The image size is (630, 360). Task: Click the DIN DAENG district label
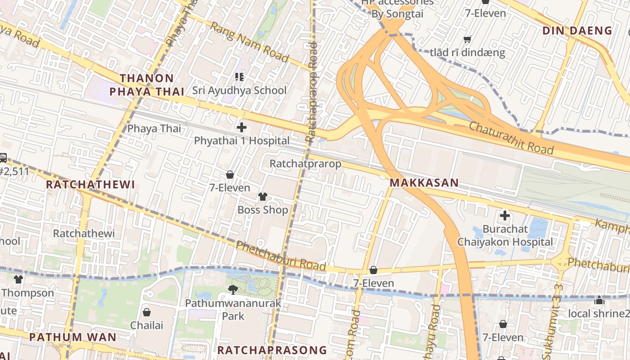tap(577, 31)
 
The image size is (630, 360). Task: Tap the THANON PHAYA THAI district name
tap(147, 85)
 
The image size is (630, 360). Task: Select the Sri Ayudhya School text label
tap(239, 90)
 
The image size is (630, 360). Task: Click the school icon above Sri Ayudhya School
tap(239, 77)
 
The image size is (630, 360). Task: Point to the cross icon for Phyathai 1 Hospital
tap(242, 127)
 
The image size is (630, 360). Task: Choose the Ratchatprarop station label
tap(305, 164)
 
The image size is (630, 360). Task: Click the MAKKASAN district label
tap(424, 183)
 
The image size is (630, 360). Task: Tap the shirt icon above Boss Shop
tap(263, 197)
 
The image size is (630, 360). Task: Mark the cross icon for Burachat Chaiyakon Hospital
tap(505, 216)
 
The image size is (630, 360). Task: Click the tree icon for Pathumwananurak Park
tap(233, 289)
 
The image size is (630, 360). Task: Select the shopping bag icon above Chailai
tap(147, 312)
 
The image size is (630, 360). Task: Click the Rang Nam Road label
tap(249, 42)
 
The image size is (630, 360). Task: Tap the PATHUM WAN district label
tap(73, 337)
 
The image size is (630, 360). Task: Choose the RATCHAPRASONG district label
tap(272, 350)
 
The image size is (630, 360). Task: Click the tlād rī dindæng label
tap(468, 53)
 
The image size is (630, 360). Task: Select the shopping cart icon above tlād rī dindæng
tap(468, 39)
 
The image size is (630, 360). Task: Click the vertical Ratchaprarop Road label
tap(311, 92)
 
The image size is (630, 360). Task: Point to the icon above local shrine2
tap(599, 300)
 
